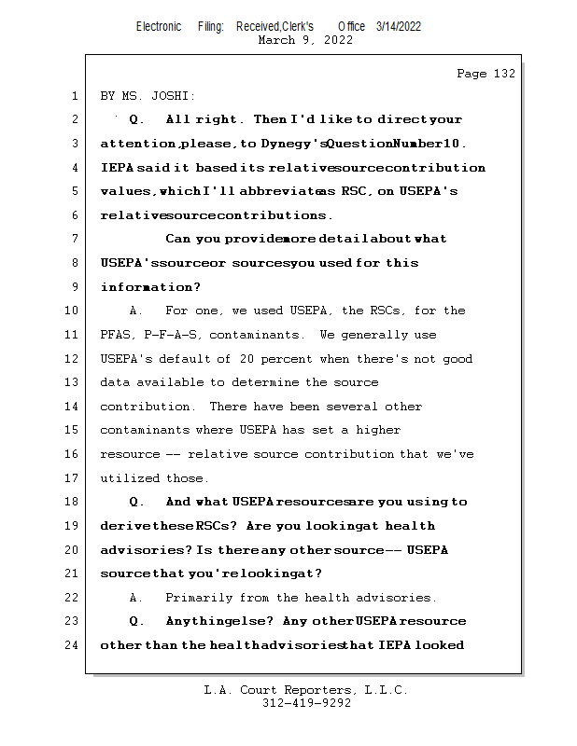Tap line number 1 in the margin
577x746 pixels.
(x=74, y=96)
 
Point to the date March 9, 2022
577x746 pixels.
(x=305, y=40)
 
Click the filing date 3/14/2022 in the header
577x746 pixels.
(x=399, y=26)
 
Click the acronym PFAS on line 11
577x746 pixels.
(x=116, y=335)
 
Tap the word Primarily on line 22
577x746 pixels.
(x=198, y=597)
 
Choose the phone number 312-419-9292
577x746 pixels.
(x=306, y=703)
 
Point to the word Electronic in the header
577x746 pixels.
(x=159, y=26)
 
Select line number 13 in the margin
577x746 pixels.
(x=74, y=382)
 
